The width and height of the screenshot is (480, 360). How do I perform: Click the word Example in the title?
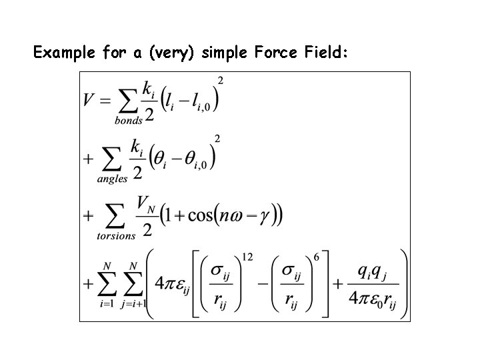tap(64, 53)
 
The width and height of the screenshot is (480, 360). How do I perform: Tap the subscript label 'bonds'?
tap(129, 121)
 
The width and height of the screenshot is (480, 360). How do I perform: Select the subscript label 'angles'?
tap(112, 179)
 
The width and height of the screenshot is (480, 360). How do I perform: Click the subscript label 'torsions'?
tap(116, 235)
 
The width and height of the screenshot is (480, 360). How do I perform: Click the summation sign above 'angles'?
tap(111, 159)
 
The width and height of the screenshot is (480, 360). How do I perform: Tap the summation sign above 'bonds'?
tap(129, 101)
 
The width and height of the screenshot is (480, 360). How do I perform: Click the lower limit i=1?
tap(107, 304)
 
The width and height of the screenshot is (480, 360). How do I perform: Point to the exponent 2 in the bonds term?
tap(221, 81)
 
